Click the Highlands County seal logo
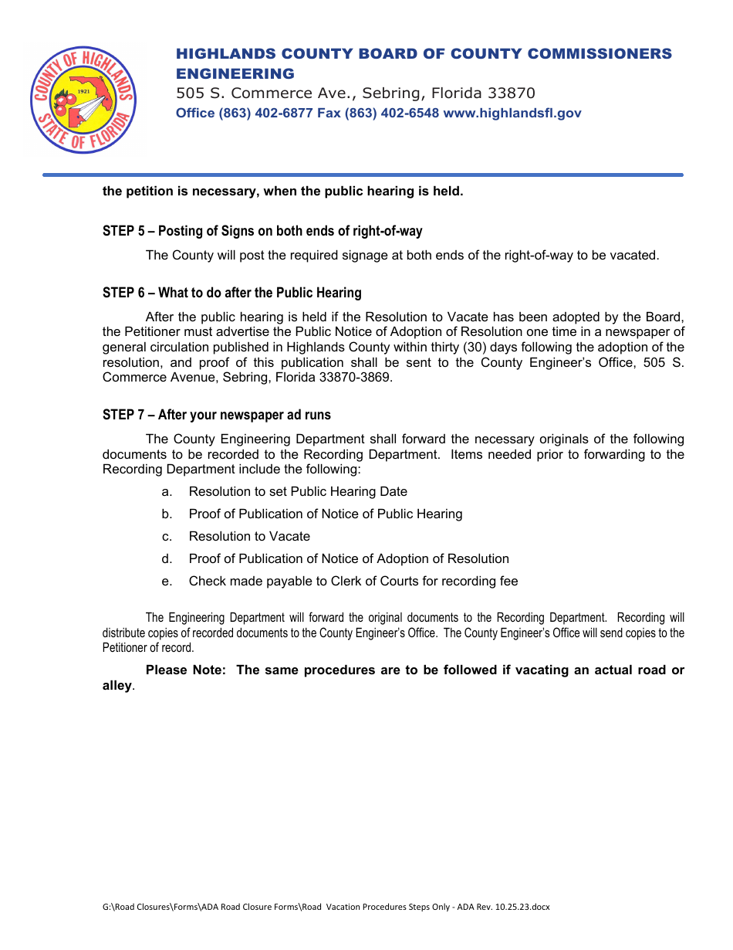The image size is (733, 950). pyautogui.click(x=83, y=99)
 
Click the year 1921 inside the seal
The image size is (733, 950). pyautogui.click(x=85, y=91)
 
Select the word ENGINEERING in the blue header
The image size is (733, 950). pyautogui.click(x=235, y=74)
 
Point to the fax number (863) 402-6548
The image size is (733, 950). pyautogui.click(x=392, y=114)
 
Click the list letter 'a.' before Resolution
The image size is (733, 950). pyautogui.click(x=167, y=492)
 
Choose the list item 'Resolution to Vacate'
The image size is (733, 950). pyautogui.click(x=249, y=537)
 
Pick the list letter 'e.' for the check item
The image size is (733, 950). pyautogui.click(x=167, y=582)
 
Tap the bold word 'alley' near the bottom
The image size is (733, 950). pyautogui.click(x=117, y=686)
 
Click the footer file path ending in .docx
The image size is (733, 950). pyautogui.click(x=326, y=907)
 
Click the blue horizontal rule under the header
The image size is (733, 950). pyautogui.click(x=363, y=175)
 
